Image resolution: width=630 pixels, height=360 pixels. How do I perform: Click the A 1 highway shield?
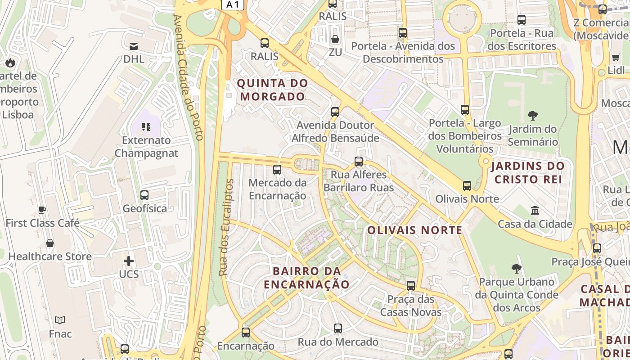[x=233, y=4]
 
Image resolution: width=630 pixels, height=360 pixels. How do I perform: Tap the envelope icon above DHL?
[x=134, y=46]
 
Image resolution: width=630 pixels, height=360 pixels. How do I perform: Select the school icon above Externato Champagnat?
[x=146, y=127]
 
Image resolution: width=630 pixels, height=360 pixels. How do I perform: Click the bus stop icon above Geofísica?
[x=144, y=195]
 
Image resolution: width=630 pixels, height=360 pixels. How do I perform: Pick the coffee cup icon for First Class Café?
[x=42, y=210]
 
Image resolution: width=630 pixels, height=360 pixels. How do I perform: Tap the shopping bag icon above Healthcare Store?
[x=50, y=243]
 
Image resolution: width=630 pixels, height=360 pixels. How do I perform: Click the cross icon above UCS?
[x=129, y=261]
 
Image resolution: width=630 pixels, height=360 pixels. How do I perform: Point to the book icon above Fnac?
[x=60, y=320]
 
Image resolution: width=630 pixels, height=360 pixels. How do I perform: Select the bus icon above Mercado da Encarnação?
[x=277, y=170]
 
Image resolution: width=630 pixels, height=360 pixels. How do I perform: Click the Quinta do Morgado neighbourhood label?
[x=273, y=90]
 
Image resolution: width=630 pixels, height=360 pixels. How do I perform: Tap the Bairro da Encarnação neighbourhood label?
[x=306, y=278]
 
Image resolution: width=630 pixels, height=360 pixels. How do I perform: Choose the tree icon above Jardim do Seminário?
[x=533, y=116]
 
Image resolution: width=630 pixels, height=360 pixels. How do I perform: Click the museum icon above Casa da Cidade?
[x=535, y=211]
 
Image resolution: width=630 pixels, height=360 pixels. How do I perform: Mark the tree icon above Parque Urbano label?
[x=517, y=269]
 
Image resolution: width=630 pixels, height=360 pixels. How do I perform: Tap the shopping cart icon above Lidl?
[x=616, y=57]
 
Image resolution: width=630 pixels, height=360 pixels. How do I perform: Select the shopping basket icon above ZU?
[x=335, y=39]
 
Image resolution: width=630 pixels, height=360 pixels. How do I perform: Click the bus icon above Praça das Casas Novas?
[x=411, y=286]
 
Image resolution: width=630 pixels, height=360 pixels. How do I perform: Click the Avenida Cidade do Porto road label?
[x=189, y=76]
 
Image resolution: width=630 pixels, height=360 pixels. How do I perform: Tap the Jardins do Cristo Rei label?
[x=528, y=172]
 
